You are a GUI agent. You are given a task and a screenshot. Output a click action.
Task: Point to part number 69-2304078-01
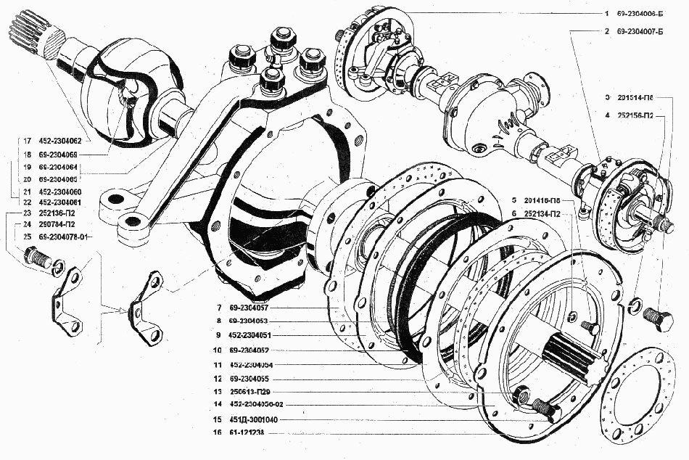pos(65,237)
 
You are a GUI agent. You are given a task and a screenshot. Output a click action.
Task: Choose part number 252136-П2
pos(59,214)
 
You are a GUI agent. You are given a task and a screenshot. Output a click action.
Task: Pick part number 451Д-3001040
pos(252,420)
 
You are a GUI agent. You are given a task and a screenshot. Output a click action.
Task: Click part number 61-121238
pos(247,433)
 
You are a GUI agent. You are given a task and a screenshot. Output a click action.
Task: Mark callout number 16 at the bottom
pos(218,433)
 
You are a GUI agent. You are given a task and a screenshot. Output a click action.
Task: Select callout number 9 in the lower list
pos(218,336)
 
